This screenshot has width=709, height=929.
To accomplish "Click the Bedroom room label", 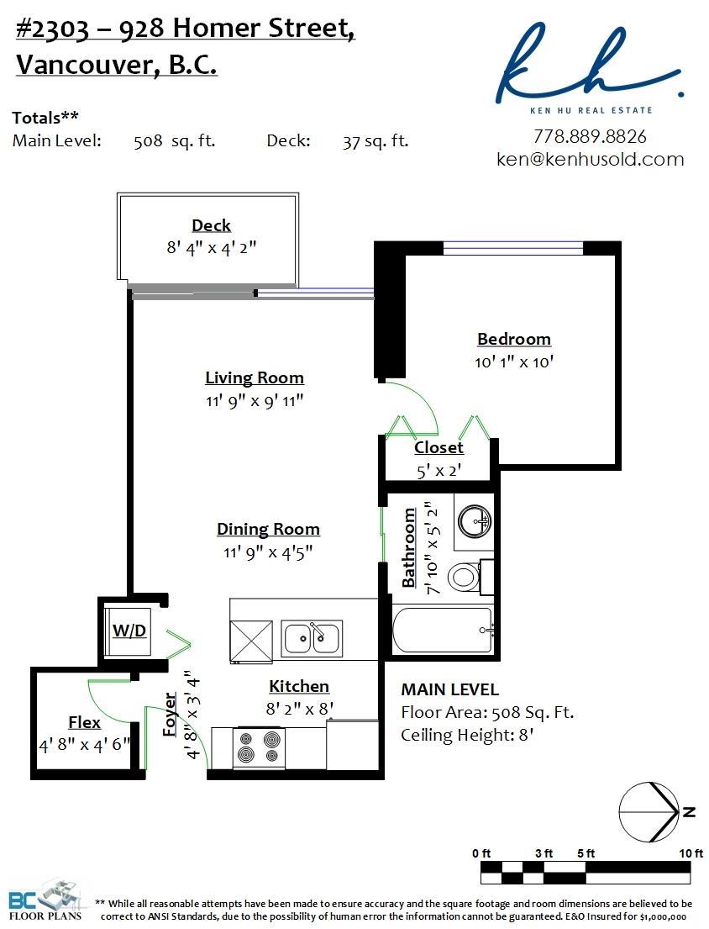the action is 514,339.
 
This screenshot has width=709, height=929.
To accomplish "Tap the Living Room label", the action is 255,377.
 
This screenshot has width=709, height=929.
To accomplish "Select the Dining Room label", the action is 268,529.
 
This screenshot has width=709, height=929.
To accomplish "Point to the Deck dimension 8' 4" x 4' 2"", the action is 212,247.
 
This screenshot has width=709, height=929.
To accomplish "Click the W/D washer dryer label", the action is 129,631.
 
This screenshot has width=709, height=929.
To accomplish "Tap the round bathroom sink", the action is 475,520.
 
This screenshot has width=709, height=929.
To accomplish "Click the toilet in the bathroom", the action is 464,577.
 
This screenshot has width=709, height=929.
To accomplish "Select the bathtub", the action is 443,630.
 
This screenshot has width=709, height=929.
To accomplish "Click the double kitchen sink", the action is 312,638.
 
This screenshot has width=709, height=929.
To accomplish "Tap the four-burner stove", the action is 259,747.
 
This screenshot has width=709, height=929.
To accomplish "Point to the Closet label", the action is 439,447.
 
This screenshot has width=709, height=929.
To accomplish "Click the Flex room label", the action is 84,722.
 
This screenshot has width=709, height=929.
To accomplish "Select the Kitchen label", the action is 299,686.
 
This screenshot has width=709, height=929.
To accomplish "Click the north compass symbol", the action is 654,812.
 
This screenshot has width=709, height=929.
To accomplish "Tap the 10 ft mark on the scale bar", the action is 691,853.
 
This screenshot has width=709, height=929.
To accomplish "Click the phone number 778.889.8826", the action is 590,136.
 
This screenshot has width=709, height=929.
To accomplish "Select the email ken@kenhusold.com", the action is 590,159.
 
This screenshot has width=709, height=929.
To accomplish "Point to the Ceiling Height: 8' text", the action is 467,736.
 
